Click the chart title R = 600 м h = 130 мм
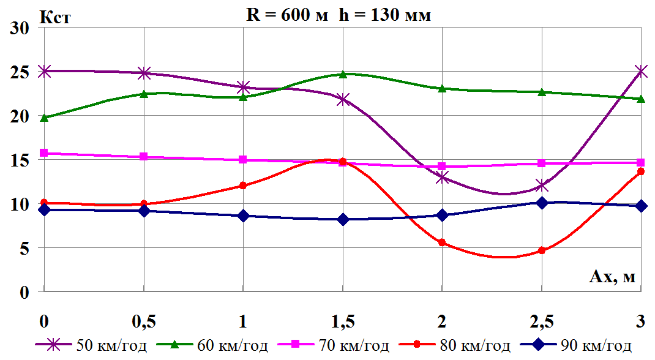tap(339, 15)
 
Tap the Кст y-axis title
tap(55, 17)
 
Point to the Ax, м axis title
tap(612, 277)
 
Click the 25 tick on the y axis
tap(21, 72)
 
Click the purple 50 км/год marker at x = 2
tap(442, 178)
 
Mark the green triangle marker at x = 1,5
tap(343, 74)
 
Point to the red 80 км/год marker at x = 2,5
tap(542, 250)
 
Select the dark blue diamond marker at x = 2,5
tap(542, 203)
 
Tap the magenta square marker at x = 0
tap(43, 153)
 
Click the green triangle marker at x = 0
tap(43, 117)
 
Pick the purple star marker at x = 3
tap(641, 71)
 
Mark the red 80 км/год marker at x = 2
tap(442, 242)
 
